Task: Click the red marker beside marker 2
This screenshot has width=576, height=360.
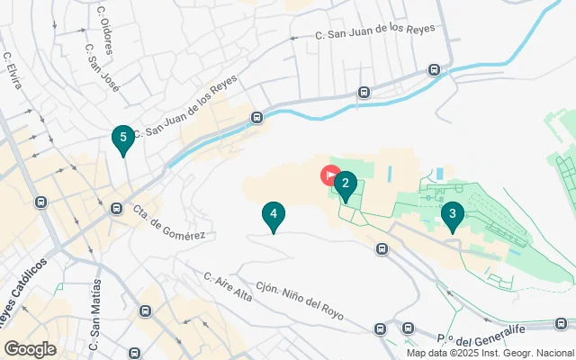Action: tap(330, 175)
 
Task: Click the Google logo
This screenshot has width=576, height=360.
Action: tap(30, 349)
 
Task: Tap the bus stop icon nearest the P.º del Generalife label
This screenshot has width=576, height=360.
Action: tap(409, 329)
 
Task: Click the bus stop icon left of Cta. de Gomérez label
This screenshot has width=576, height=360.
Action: tap(116, 209)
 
